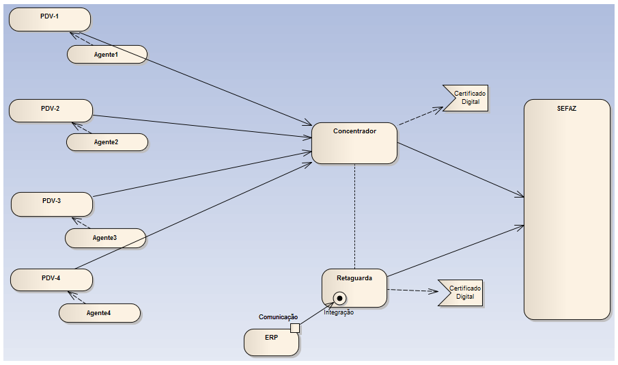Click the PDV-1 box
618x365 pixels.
(x=50, y=19)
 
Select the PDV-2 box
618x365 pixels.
(x=51, y=111)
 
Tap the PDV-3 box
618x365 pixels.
(x=52, y=204)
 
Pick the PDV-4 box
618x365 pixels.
(x=52, y=280)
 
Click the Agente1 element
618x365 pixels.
(x=107, y=55)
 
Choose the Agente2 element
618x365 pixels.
(x=107, y=142)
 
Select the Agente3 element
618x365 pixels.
(x=105, y=238)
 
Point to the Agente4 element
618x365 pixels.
(x=99, y=313)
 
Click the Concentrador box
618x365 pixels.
(x=354, y=143)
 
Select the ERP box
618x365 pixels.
(x=271, y=342)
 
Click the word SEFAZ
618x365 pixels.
(x=567, y=108)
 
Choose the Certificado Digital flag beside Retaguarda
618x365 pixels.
(x=463, y=292)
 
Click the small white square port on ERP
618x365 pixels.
(x=295, y=328)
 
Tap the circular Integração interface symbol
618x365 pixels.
(x=339, y=298)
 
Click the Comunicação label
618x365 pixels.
(x=278, y=316)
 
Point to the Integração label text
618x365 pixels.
(x=339, y=312)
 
